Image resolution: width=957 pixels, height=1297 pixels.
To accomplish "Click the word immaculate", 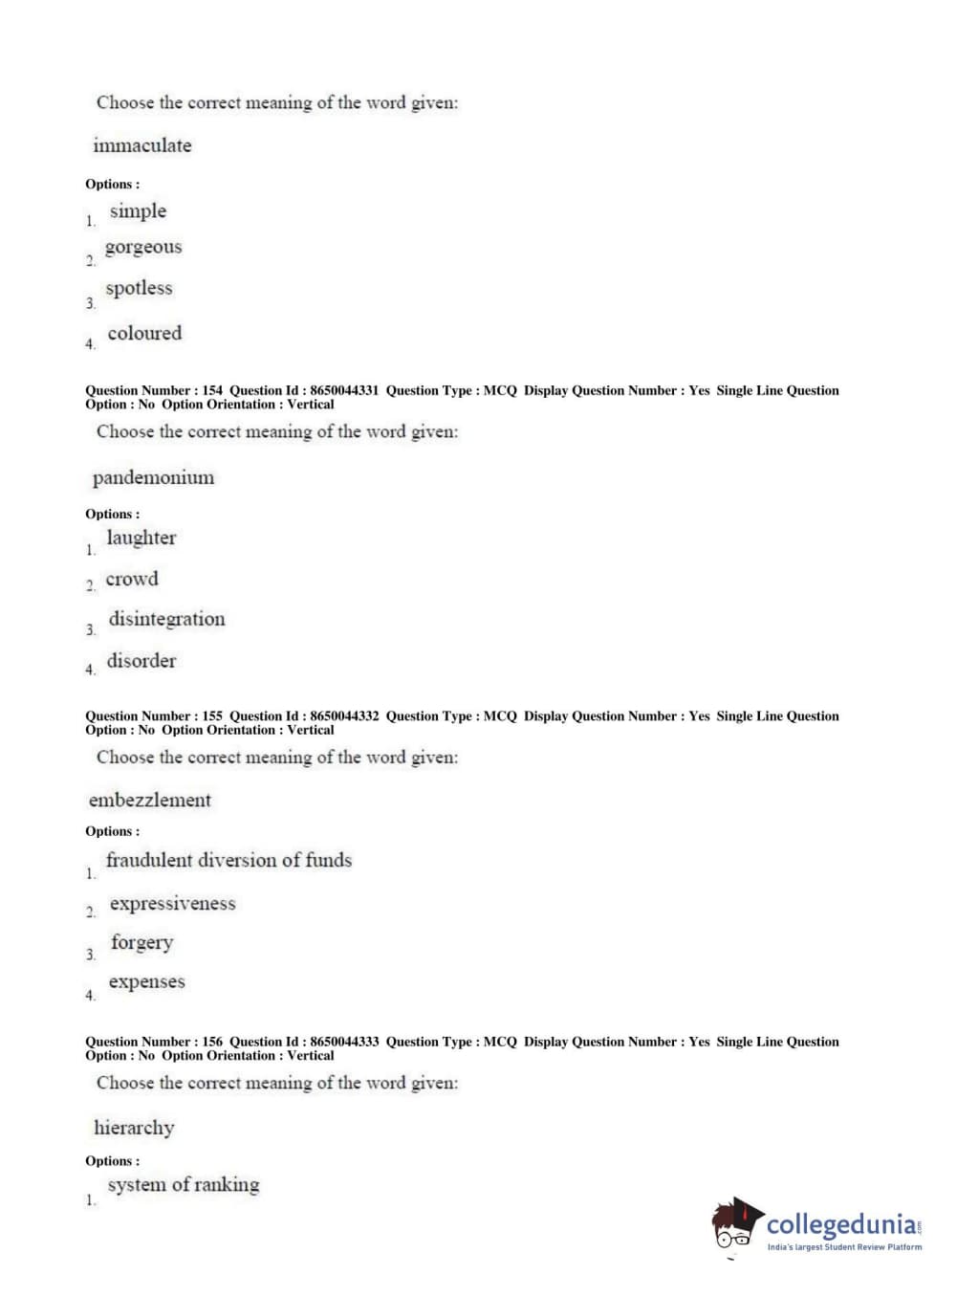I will (x=141, y=145).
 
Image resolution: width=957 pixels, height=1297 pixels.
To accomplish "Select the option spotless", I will (x=139, y=288).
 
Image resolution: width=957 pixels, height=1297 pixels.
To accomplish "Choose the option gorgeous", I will (x=142, y=247).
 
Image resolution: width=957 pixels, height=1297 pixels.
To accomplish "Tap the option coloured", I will (x=144, y=333).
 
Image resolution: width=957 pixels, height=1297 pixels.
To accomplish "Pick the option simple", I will (x=138, y=210).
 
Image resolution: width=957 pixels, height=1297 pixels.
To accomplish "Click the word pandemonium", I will (x=153, y=477).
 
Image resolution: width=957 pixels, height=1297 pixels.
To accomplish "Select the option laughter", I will (x=141, y=538).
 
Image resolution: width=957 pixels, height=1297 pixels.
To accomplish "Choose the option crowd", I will (x=132, y=579).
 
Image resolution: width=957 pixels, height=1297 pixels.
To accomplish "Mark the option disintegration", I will (x=166, y=619).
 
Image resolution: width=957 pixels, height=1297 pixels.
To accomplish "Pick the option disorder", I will (x=141, y=660).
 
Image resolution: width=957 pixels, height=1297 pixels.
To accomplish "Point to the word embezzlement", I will (x=149, y=800).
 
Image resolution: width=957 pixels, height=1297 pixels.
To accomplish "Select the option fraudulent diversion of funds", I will (x=228, y=860).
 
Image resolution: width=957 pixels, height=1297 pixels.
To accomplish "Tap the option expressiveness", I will (x=172, y=903).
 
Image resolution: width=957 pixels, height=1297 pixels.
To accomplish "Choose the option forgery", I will (x=141, y=943).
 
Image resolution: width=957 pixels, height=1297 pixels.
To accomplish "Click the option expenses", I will (x=146, y=981).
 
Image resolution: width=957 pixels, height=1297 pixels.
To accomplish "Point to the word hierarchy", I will (x=134, y=1128).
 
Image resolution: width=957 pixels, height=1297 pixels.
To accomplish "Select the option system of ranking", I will (x=183, y=1184).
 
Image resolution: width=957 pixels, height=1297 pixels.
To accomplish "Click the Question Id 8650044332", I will (x=344, y=715).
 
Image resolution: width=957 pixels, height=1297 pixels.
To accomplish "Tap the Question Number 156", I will (x=212, y=1042).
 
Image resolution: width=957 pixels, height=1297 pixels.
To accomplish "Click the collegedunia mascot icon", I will (x=736, y=1224).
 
